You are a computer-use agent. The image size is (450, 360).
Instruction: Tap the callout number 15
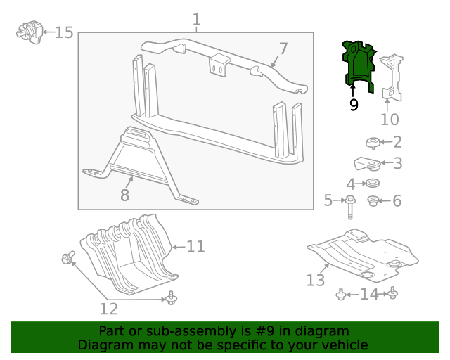tap(64, 32)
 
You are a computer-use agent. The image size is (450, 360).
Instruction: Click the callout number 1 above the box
tap(196, 20)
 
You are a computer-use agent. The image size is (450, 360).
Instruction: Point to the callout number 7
tap(283, 49)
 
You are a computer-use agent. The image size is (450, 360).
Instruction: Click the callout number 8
tap(124, 195)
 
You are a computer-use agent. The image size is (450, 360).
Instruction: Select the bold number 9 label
tap(353, 105)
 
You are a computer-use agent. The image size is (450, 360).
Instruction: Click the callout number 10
tap(390, 120)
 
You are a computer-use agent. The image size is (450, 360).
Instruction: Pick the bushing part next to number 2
tap(373, 143)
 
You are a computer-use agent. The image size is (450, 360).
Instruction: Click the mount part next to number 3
tap(368, 165)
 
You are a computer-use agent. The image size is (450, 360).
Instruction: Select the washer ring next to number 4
tap(373, 184)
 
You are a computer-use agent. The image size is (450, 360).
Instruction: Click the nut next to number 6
tap(373, 201)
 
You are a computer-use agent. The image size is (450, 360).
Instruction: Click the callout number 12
tap(108, 309)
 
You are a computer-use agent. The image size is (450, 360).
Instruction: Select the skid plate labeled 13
tap(359, 253)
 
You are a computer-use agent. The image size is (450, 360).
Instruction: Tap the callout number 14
tap(369, 294)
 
